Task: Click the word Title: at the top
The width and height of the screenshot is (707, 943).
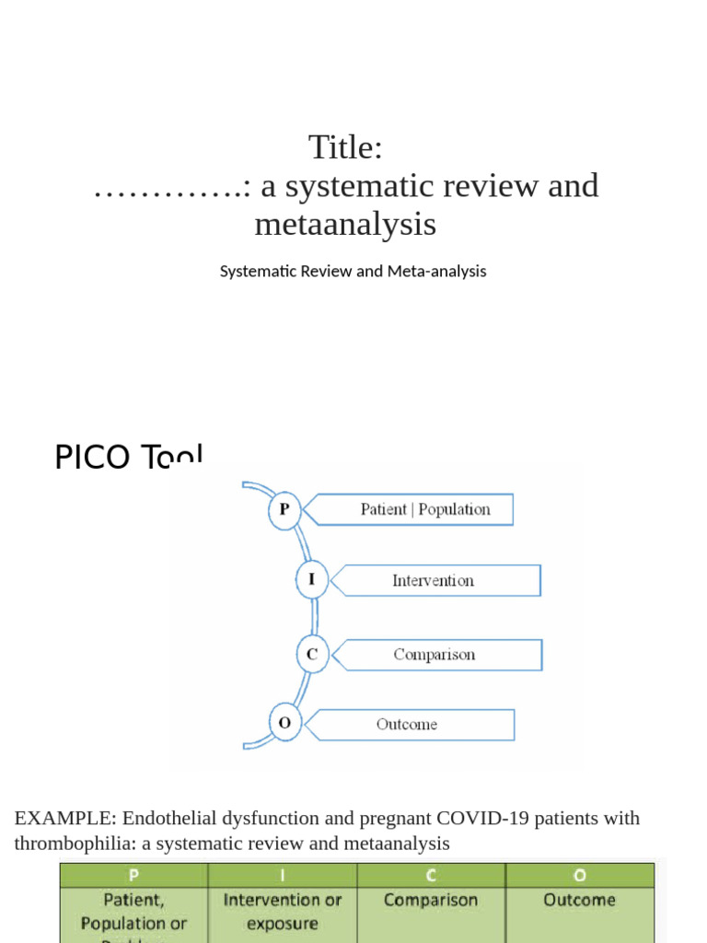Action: pyautogui.click(x=345, y=147)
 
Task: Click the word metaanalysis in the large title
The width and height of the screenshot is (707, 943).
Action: pyautogui.click(x=345, y=224)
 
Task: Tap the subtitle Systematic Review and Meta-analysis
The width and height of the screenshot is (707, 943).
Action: pyautogui.click(x=353, y=272)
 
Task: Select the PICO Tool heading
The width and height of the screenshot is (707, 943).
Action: pyautogui.click(x=128, y=457)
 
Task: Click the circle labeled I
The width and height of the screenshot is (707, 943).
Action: pyautogui.click(x=312, y=580)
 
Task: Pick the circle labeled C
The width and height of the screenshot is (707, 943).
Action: pyautogui.click(x=312, y=655)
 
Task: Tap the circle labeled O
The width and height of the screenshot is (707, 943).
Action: pyautogui.click(x=284, y=724)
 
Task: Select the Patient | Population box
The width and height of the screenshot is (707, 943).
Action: pyautogui.click(x=424, y=509)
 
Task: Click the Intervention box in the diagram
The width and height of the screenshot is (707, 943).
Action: pyautogui.click(x=433, y=580)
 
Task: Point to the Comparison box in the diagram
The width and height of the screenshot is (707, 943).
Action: pyautogui.click(x=435, y=655)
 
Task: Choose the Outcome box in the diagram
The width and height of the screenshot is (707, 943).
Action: pyautogui.click(x=407, y=724)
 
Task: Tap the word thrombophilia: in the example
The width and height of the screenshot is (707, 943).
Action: pyautogui.click(x=75, y=843)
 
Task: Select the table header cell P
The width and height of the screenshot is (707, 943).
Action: pyautogui.click(x=134, y=875)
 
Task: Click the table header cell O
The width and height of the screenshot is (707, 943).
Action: pyautogui.click(x=580, y=875)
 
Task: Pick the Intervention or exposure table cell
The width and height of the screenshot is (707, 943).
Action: pyautogui.click(x=283, y=912)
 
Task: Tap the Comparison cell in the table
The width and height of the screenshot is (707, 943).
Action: pyautogui.click(x=431, y=901)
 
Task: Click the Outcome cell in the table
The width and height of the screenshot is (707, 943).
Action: pyautogui.click(x=580, y=901)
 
